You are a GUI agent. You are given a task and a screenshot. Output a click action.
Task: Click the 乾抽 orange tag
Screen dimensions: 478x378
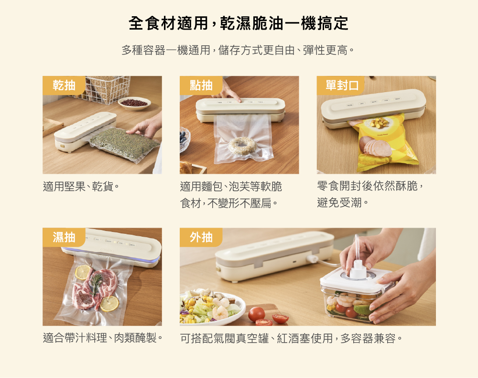(x=64, y=85)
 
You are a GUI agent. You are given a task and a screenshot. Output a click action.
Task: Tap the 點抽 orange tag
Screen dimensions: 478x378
(x=201, y=85)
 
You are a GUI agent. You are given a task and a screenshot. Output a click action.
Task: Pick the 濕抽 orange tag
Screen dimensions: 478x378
(x=64, y=237)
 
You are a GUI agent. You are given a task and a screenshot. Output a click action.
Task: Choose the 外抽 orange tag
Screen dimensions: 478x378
(x=201, y=237)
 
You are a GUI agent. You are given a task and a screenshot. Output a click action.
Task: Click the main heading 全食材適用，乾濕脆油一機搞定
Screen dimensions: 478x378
(x=239, y=23)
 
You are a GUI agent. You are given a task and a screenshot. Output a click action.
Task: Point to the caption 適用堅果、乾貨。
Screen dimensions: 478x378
(x=81, y=186)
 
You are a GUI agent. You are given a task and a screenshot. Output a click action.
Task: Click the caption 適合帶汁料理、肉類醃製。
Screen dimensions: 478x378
(x=103, y=338)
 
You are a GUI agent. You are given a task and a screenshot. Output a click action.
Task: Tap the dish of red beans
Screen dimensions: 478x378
(x=134, y=103)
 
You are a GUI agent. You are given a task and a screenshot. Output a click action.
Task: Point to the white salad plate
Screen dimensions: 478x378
(x=213, y=307)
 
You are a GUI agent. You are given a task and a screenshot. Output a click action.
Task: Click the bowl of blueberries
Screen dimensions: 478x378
(x=184, y=138)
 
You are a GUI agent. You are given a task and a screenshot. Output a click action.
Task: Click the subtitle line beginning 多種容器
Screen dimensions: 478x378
(x=238, y=50)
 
